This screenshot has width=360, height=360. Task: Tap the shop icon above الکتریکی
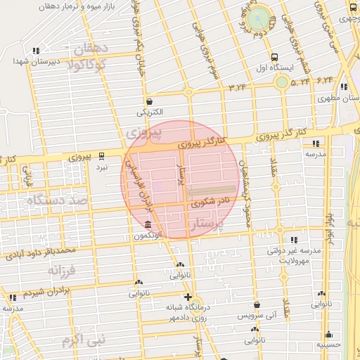click(150, 101)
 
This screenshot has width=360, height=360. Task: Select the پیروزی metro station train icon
click(102, 156)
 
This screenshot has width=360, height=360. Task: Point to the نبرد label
click(102, 168)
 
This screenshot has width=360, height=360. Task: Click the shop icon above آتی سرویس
click(257, 304)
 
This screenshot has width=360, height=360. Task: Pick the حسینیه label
click(328, 345)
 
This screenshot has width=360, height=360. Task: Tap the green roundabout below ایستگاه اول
click(281, 82)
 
